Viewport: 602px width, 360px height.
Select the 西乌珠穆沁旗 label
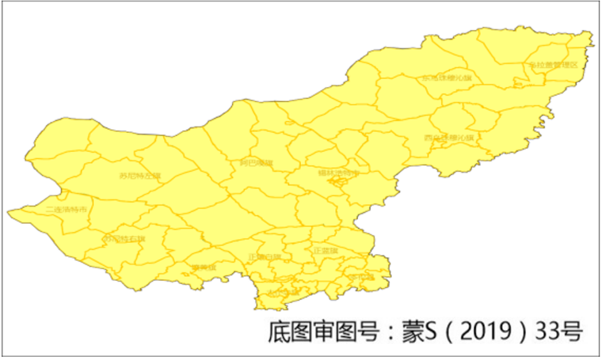[448, 137]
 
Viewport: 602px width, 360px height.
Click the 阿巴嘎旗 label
[256, 163]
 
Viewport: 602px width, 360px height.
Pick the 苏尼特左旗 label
[140, 176]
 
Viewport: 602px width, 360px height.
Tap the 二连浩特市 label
[66, 208]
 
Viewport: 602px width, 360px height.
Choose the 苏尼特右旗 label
[125, 239]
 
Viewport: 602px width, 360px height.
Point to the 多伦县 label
[362, 277]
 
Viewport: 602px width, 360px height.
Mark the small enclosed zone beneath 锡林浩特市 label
[339, 182]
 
